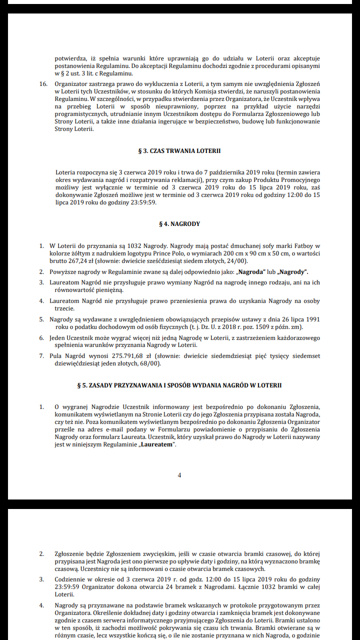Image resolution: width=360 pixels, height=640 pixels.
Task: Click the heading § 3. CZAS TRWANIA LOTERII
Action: pos(179,150)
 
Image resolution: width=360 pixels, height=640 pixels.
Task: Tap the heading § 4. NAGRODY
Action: pos(179,223)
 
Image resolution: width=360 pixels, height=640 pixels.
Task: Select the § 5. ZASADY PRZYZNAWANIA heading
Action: pos(179,385)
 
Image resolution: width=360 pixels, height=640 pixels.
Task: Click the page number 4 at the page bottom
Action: pos(179,475)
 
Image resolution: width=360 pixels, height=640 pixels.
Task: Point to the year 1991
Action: pos(312,319)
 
